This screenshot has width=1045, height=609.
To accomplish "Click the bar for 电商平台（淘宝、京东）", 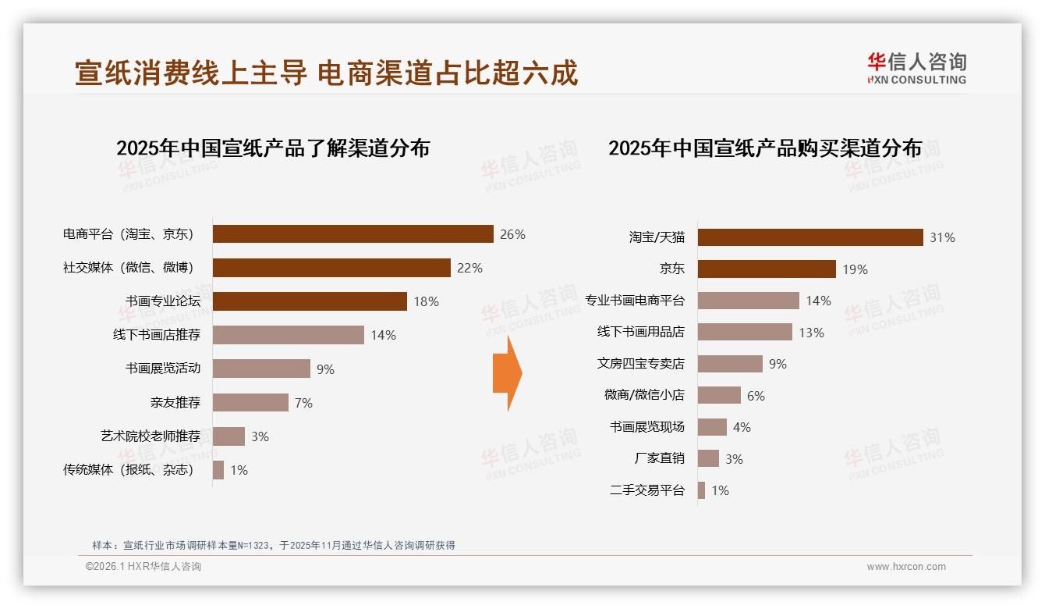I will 352,234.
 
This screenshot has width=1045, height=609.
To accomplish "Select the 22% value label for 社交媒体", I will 469,268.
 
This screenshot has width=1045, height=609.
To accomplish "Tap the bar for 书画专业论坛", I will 310,301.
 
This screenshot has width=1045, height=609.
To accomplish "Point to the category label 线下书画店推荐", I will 157,335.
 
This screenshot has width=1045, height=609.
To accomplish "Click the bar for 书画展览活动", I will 261,369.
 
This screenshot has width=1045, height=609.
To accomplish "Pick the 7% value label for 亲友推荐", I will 303,403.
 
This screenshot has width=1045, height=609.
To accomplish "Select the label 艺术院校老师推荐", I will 151,436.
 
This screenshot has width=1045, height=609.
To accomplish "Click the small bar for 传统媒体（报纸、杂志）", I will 218,470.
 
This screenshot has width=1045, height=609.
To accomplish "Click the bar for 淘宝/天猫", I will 810,237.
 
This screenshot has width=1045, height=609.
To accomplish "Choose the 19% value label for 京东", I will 855,269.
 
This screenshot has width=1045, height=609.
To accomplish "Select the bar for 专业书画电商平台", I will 748,301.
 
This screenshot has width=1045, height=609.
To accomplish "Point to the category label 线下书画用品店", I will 640,332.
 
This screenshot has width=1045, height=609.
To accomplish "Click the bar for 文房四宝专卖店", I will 730,364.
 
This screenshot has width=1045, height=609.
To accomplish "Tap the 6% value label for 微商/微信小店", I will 756,396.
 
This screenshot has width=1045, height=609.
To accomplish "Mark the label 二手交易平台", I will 646,490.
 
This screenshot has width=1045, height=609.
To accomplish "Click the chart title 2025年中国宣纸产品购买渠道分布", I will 765,148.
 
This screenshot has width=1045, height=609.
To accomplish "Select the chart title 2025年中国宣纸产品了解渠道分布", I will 273,148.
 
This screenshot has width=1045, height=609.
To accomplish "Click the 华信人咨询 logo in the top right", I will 916,68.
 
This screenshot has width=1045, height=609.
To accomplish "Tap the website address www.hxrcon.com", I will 906,567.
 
